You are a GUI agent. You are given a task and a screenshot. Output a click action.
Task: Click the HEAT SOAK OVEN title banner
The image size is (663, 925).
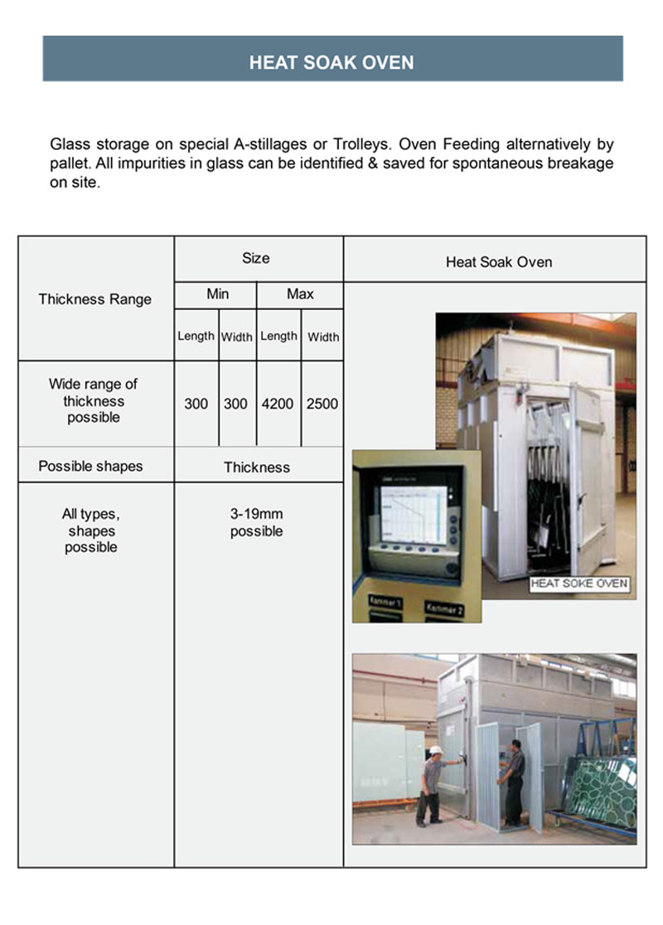[x=331, y=62]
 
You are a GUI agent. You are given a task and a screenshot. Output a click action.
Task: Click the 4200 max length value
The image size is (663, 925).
[x=278, y=404]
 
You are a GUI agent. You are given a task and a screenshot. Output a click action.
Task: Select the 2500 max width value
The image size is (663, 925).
[x=322, y=404]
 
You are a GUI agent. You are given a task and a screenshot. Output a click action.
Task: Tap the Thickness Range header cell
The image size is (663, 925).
[x=94, y=299]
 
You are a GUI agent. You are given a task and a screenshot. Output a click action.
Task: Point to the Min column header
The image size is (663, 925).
[x=218, y=294]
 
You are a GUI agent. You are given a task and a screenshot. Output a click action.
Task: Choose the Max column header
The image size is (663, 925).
[x=300, y=294]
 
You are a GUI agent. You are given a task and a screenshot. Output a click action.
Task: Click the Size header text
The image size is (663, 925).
[x=256, y=259]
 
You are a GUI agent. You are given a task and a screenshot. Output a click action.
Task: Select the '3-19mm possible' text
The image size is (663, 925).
[x=257, y=523]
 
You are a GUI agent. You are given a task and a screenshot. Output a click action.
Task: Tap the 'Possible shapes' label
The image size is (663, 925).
[x=90, y=466]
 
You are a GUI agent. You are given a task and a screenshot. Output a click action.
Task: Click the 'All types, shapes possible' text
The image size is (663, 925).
[x=91, y=530]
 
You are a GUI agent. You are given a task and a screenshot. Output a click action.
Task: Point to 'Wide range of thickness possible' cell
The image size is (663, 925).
[x=94, y=401]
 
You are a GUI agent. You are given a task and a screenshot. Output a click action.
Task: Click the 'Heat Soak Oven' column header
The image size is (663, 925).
[x=499, y=263]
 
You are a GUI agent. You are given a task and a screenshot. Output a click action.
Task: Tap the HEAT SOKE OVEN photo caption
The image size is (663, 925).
[x=579, y=584]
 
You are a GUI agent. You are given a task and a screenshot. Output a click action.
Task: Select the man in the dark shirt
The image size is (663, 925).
[x=513, y=779]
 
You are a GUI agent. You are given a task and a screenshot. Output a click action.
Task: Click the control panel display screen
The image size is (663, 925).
[x=411, y=513]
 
